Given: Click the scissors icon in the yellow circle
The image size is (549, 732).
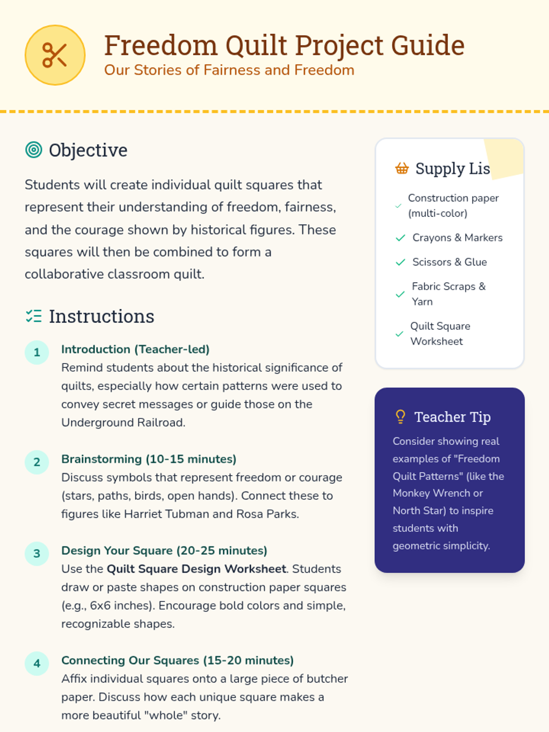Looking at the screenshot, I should coord(55,55).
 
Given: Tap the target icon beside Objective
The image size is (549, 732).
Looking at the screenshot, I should coord(33,150).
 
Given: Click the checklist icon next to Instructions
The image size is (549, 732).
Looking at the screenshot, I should coord(33,316).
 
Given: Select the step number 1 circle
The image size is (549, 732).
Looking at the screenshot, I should coord(37,352).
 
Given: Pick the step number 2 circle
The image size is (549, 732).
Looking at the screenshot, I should coord(37,462).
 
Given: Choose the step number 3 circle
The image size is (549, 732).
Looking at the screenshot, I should coord(37,554).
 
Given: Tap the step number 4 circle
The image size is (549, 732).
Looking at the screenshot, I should coord(37,663).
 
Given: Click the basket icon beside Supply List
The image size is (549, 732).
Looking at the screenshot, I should coord(402,168).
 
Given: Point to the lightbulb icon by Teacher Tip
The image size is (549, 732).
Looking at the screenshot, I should coord(400,416).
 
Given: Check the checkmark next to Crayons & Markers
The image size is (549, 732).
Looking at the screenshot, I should coord(400,238).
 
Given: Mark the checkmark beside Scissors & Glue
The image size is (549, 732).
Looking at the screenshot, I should coord(400,262).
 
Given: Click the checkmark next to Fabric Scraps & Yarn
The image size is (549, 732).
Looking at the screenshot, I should coord(400,294).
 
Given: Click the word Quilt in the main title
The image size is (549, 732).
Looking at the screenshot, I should coord(256,45).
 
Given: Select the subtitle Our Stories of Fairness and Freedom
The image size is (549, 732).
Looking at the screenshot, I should coord(229,70).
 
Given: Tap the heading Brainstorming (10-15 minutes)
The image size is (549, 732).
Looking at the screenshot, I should coord(149,459).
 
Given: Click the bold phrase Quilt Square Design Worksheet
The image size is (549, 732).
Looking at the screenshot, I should coord(196,569).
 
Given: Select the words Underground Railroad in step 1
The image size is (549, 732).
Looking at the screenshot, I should coord(123,422).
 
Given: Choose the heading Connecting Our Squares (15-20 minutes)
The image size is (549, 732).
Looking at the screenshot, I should coord(178,660).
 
